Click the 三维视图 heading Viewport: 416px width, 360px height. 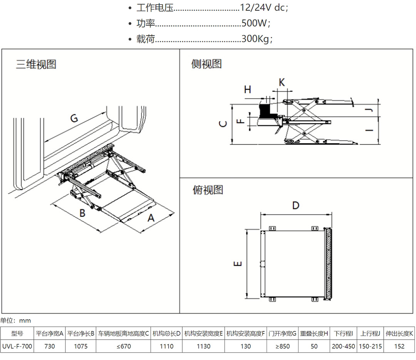(36, 64)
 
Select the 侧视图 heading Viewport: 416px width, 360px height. (207, 64)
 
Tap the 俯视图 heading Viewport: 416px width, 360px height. (208, 190)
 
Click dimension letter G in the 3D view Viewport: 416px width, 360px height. (74, 118)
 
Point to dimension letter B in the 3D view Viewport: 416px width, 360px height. (82, 212)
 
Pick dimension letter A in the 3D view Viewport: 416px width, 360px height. (151, 218)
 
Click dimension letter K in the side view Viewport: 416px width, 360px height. (282, 82)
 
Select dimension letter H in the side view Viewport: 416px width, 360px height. (248, 89)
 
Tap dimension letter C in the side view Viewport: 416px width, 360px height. (223, 124)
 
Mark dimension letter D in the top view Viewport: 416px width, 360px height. (295, 205)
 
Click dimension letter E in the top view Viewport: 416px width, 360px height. (238, 264)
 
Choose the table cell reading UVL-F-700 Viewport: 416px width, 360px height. (17, 346)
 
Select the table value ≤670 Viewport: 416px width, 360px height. (123, 346)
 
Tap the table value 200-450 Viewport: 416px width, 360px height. (343, 346)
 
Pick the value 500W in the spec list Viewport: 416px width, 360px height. (254, 23)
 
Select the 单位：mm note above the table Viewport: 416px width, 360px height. (15, 320)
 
